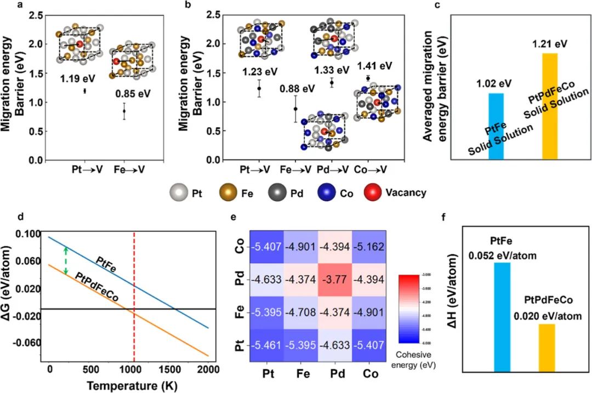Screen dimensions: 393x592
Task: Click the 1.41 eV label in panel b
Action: coord(375,66)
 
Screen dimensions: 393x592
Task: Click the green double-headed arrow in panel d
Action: coord(66,260)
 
